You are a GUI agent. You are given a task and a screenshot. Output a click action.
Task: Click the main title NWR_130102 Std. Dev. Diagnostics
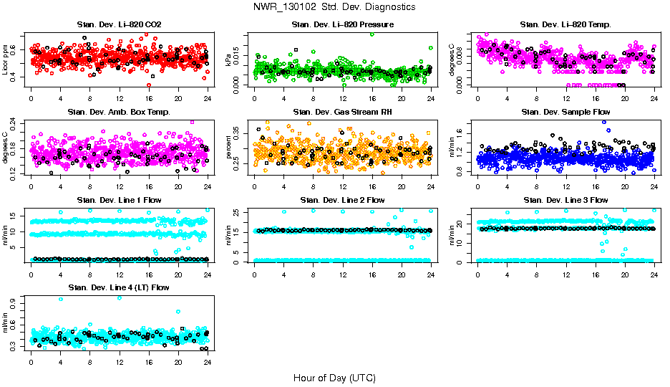point(334,7)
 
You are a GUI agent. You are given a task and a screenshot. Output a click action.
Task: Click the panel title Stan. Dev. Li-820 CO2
point(119,25)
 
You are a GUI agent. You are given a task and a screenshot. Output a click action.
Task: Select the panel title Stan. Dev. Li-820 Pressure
point(342,25)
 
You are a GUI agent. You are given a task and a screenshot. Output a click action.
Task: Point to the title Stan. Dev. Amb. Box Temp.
point(119,113)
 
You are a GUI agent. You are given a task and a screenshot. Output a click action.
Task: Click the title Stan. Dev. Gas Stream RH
point(342,113)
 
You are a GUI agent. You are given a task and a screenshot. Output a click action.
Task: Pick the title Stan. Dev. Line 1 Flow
point(119,200)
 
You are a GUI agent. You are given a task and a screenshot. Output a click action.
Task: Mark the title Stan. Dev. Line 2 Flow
point(342,200)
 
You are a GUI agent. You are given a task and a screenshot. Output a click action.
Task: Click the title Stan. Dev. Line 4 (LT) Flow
point(119,287)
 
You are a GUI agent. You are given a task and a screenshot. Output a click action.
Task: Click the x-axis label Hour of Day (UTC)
point(334,378)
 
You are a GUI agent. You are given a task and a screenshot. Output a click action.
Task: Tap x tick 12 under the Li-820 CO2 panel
point(120,98)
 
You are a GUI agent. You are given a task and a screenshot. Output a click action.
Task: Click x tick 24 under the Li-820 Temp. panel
point(654,98)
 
